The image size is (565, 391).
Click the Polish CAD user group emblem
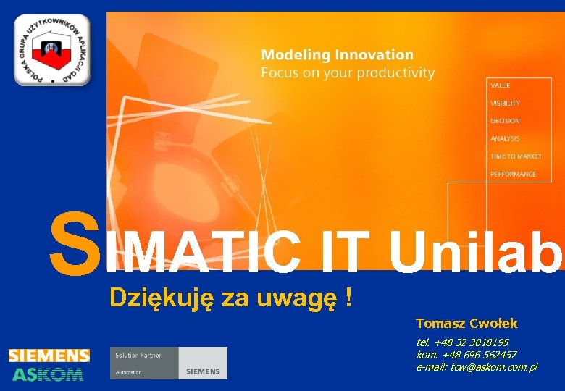click(51, 50)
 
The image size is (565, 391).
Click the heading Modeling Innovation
click(337, 55)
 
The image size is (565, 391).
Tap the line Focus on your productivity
click(348, 73)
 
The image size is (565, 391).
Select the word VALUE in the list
click(501, 85)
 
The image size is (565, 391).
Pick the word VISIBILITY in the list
click(505, 104)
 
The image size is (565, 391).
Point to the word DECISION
click(505, 121)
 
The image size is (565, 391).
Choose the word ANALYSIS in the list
click(505, 138)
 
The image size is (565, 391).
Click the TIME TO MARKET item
click(516, 156)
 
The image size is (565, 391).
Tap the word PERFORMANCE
click(513, 174)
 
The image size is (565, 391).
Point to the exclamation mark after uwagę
click(349, 297)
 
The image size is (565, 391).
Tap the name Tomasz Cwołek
click(466, 324)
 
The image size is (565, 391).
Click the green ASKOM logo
click(49, 374)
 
